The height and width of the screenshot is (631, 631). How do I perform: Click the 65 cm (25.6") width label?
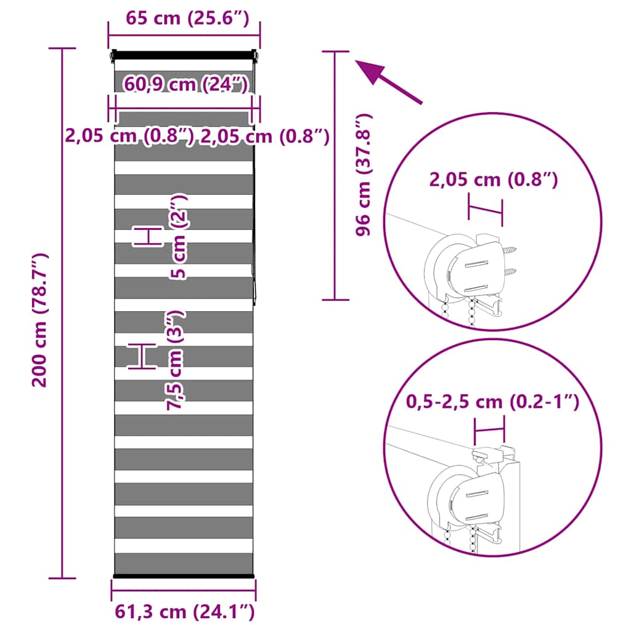(187, 18)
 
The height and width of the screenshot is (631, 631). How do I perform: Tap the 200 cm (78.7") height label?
(39, 320)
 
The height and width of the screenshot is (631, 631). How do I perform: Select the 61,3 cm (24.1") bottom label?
(185, 612)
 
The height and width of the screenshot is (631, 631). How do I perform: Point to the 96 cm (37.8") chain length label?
(364, 174)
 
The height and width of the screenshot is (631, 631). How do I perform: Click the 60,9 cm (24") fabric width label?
(185, 84)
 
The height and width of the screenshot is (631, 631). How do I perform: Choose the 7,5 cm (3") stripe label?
(176, 360)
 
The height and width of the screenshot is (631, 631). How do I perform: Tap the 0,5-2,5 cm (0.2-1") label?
(492, 402)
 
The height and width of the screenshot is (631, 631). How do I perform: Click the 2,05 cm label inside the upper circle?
(494, 179)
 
